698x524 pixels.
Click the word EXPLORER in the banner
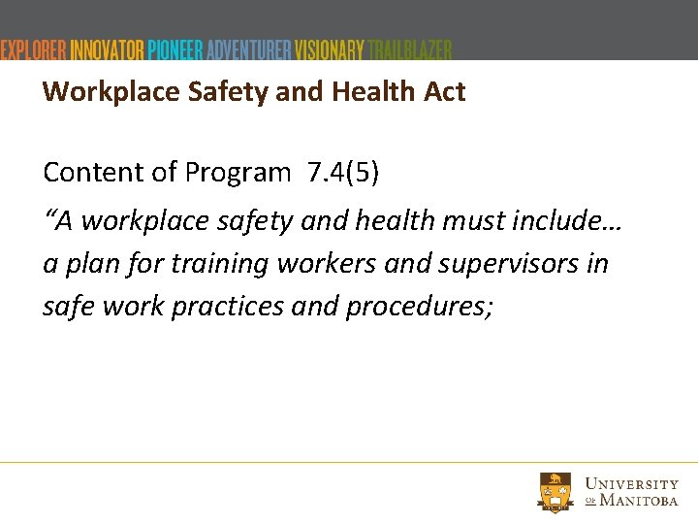tap(34, 49)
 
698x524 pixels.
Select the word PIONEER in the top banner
tap(175, 49)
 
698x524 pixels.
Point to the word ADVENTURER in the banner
tap(249, 49)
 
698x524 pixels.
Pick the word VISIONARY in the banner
tap(330, 49)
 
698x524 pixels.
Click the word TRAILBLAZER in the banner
tap(410, 49)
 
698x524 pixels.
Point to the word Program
tap(237, 173)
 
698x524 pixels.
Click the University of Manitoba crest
tap(556, 491)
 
